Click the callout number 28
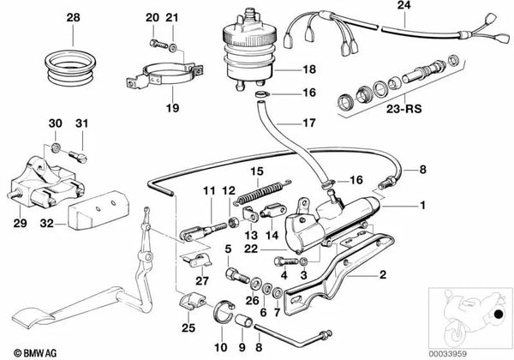(x=73, y=17)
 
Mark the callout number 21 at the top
(x=171, y=17)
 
